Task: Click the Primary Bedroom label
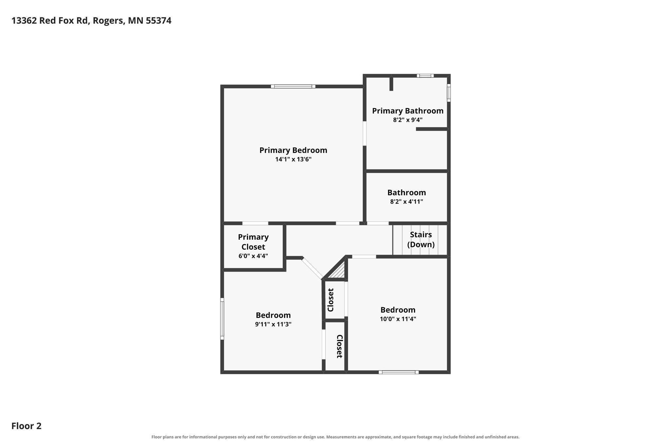(x=293, y=150)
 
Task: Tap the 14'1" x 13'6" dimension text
(x=293, y=160)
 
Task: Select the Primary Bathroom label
(x=408, y=111)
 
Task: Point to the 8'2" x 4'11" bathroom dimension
(x=407, y=202)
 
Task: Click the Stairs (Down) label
(x=421, y=240)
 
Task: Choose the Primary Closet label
(x=253, y=242)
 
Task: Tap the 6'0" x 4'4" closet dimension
(x=253, y=256)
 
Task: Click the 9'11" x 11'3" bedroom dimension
(x=273, y=324)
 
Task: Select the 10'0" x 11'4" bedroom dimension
(x=398, y=319)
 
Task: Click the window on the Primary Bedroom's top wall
(x=293, y=86)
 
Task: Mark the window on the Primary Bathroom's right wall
(x=449, y=93)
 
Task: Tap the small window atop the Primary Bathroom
(x=425, y=76)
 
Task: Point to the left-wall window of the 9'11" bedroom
(x=222, y=319)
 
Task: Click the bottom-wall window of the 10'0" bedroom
(x=398, y=372)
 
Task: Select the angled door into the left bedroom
(x=312, y=268)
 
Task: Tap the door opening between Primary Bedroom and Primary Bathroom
(x=364, y=134)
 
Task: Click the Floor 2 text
(x=27, y=426)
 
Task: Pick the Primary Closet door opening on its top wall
(x=255, y=224)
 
